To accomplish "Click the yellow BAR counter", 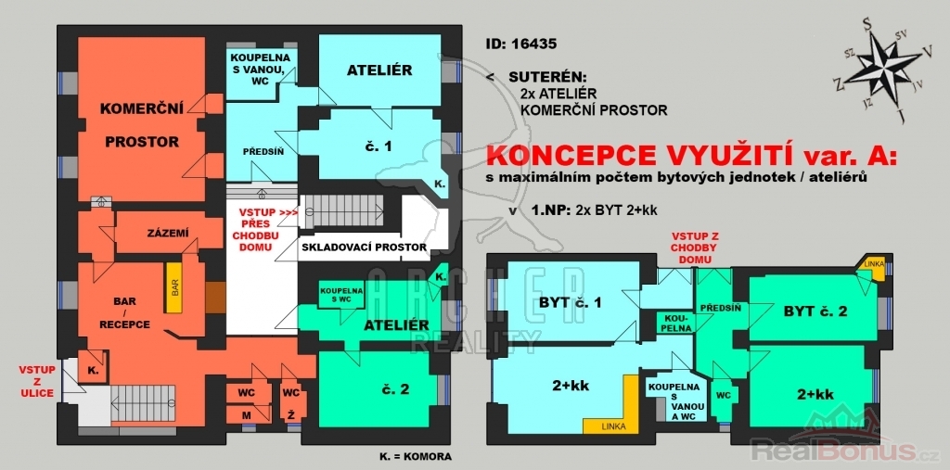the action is click(x=173, y=287).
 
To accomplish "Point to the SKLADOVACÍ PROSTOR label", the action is click(x=364, y=248).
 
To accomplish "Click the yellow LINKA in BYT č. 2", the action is click(x=873, y=267).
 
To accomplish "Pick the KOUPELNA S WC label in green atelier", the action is click(x=342, y=295).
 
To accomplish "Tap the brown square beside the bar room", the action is click(x=215, y=298).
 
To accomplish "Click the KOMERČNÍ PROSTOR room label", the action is click(x=142, y=125).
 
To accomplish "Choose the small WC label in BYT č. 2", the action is click(x=721, y=395).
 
